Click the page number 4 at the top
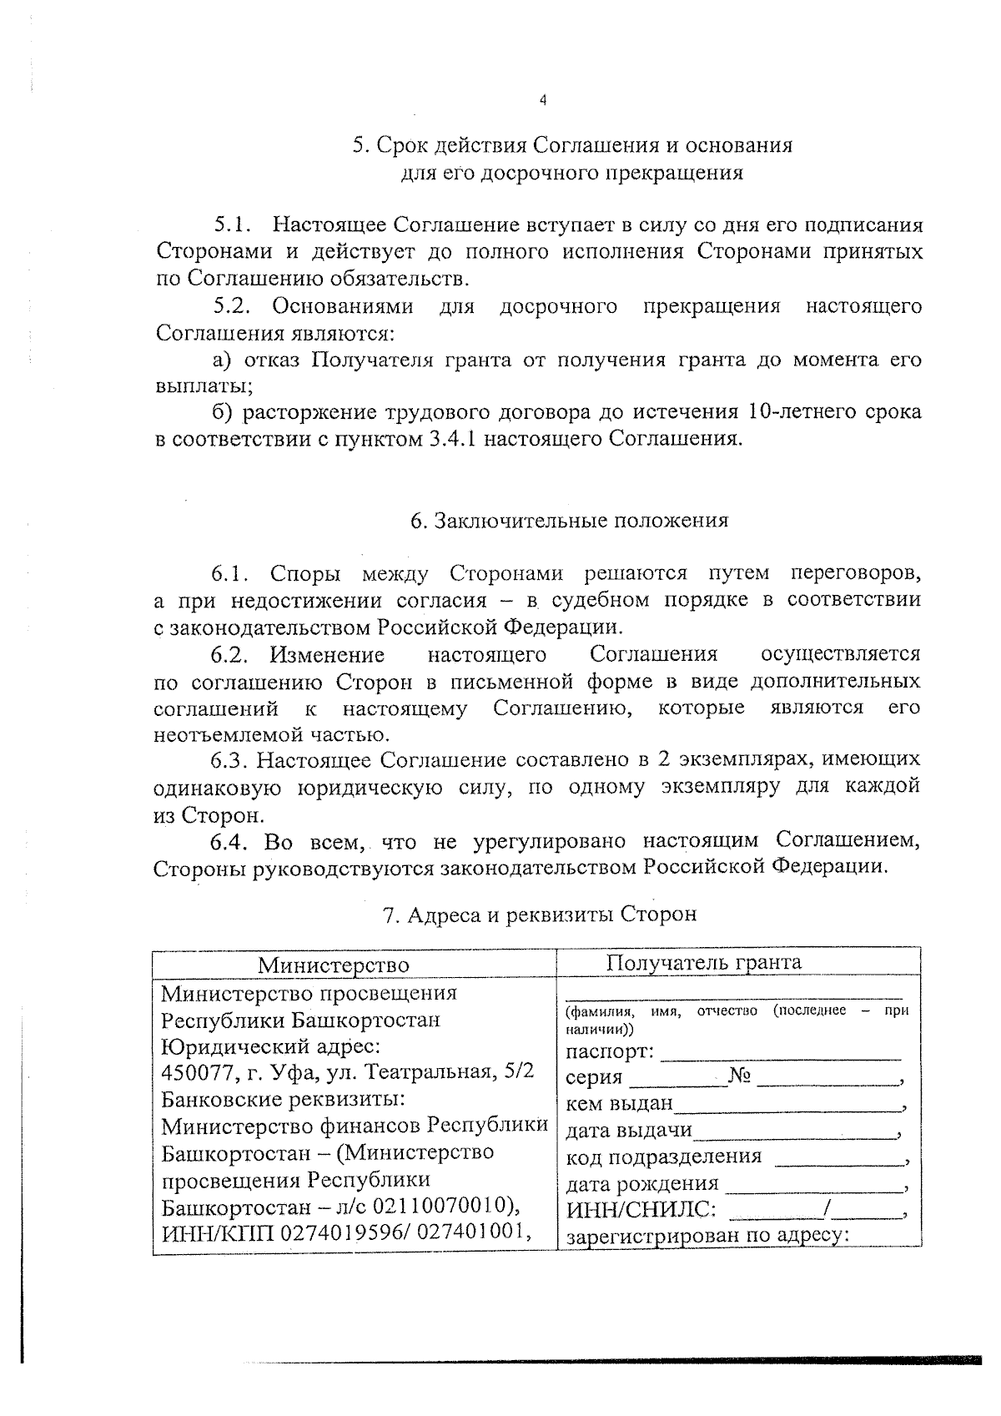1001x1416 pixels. pyautogui.click(x=543, y=100)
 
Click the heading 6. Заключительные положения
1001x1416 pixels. pyautogui.click(x=569, y=521)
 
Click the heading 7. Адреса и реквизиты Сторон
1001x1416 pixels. pyautogui.click(x=539, y=915)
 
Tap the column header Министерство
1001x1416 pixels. pyautogui.click(x=333, y=965)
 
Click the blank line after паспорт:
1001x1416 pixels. pyautogui.click(x=781, y=1053)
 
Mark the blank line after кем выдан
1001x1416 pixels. pyautogui.click(x=788, y=1106)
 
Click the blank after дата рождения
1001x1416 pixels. pyautogui.click(x=814, y=1185)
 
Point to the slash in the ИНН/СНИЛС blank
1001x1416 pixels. pyautogui.click(x=825, y=1210)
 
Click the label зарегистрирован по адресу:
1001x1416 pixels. pyautogui.click(x=707, y=1236)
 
